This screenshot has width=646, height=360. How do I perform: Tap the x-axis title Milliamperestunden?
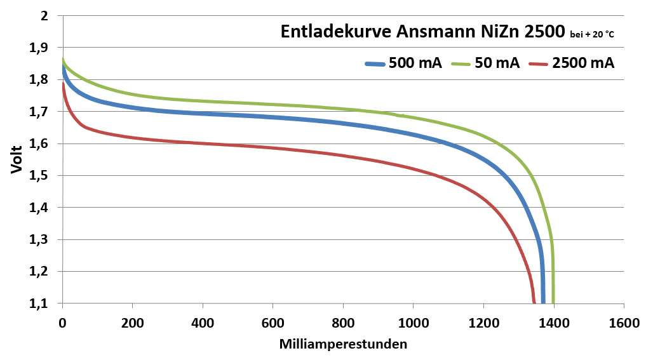(x=343, y=345)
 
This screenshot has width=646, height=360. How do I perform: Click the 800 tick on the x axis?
(x=343, y=323)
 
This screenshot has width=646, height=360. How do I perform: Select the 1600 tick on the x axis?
(x=624, y=323)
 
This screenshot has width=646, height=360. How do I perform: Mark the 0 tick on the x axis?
(x=62, y=323)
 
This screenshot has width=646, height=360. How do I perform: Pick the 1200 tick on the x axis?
(x=483, y=323)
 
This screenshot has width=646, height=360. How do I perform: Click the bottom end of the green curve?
(x=553, y=302)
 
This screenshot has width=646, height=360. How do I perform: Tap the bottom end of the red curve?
(x=534, y=302)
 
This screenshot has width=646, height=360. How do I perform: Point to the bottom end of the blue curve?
(x=543, y=302)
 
